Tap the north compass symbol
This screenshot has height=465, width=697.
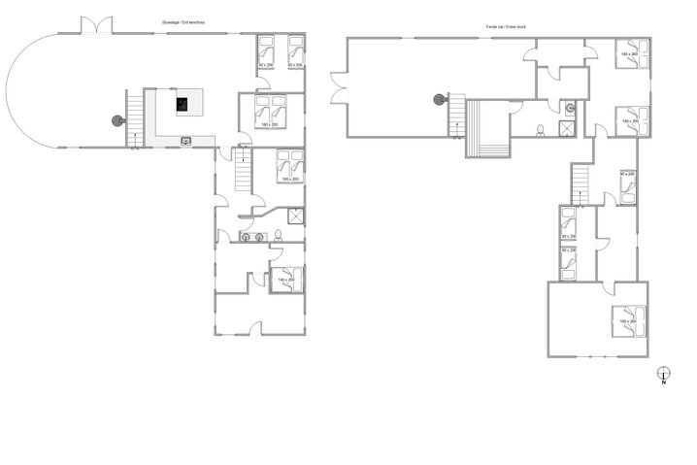(x=663, y=375)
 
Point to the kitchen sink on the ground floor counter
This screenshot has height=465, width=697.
(x=185, y=142)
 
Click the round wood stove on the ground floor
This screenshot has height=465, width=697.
(x=117, y=120)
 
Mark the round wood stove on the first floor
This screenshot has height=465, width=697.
(x=440, y=98)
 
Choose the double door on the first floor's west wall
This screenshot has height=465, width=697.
(x=336, y=88)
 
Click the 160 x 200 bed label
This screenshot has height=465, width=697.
(x=289, y=179)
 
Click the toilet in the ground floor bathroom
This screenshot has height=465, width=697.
(x=278, y=236)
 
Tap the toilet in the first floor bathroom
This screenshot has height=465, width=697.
(x=539, y=129)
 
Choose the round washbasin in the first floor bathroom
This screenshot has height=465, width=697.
(x=571, y=108)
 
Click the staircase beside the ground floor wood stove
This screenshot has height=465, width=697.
(x=135, y=117)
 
